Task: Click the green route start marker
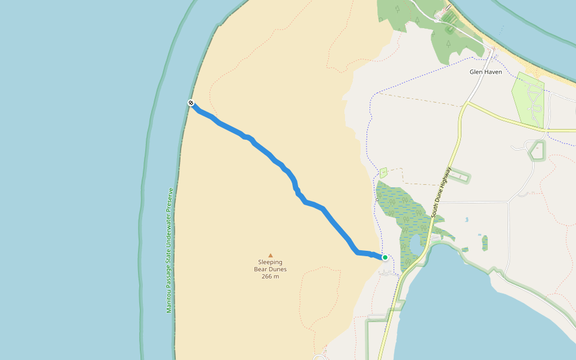point(385,257)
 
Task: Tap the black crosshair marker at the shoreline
point(191,103)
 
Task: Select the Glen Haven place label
point(485,72)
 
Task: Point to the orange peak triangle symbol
point(270,255)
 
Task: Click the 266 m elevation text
point(270,276)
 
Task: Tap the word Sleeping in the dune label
point(270,262)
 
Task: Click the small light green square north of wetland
point(383,173)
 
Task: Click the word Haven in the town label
point(493,72)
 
